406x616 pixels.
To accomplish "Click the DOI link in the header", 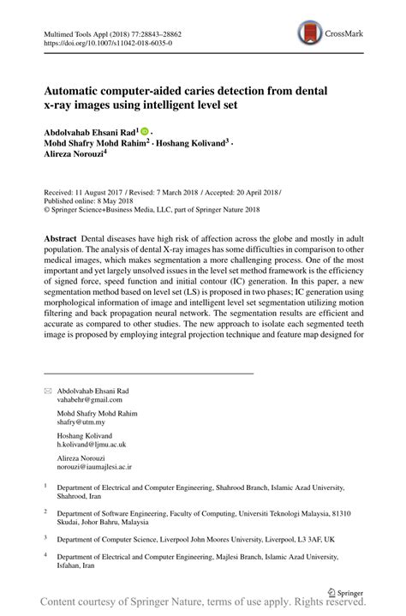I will click(107, 42).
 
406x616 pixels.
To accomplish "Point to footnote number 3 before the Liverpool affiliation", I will click(45, 538).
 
